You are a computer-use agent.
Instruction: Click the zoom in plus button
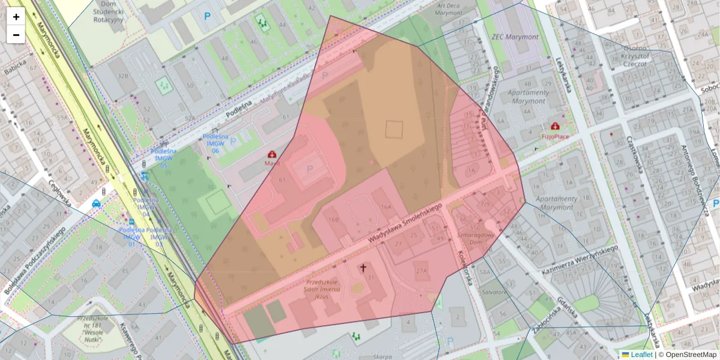16,17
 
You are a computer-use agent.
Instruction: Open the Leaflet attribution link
641,355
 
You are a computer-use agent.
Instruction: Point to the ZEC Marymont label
515,37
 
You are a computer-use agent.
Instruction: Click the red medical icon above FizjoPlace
555,127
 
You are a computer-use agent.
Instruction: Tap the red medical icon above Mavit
272,154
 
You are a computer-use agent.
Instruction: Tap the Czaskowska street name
634,154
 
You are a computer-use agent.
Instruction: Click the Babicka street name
15,69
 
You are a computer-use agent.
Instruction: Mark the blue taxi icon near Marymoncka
97,203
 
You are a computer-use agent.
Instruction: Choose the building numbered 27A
422,271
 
